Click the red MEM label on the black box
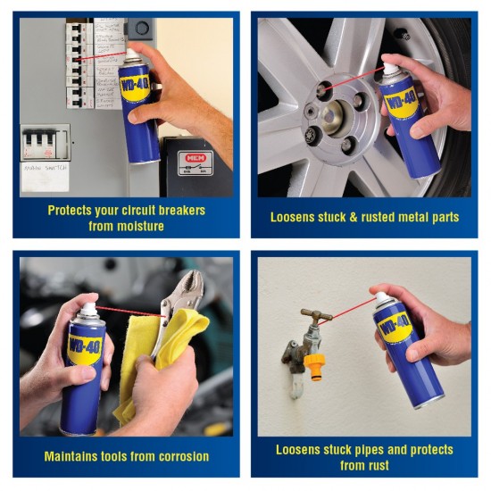tap(195, 157)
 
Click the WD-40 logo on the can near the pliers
tap(82, 344)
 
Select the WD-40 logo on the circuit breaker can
tap(133, 88)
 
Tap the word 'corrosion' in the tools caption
tap(178, 456)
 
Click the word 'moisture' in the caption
tap(140, 226)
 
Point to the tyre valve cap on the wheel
tap(400, 35)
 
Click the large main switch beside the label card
tap(45, 141)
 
